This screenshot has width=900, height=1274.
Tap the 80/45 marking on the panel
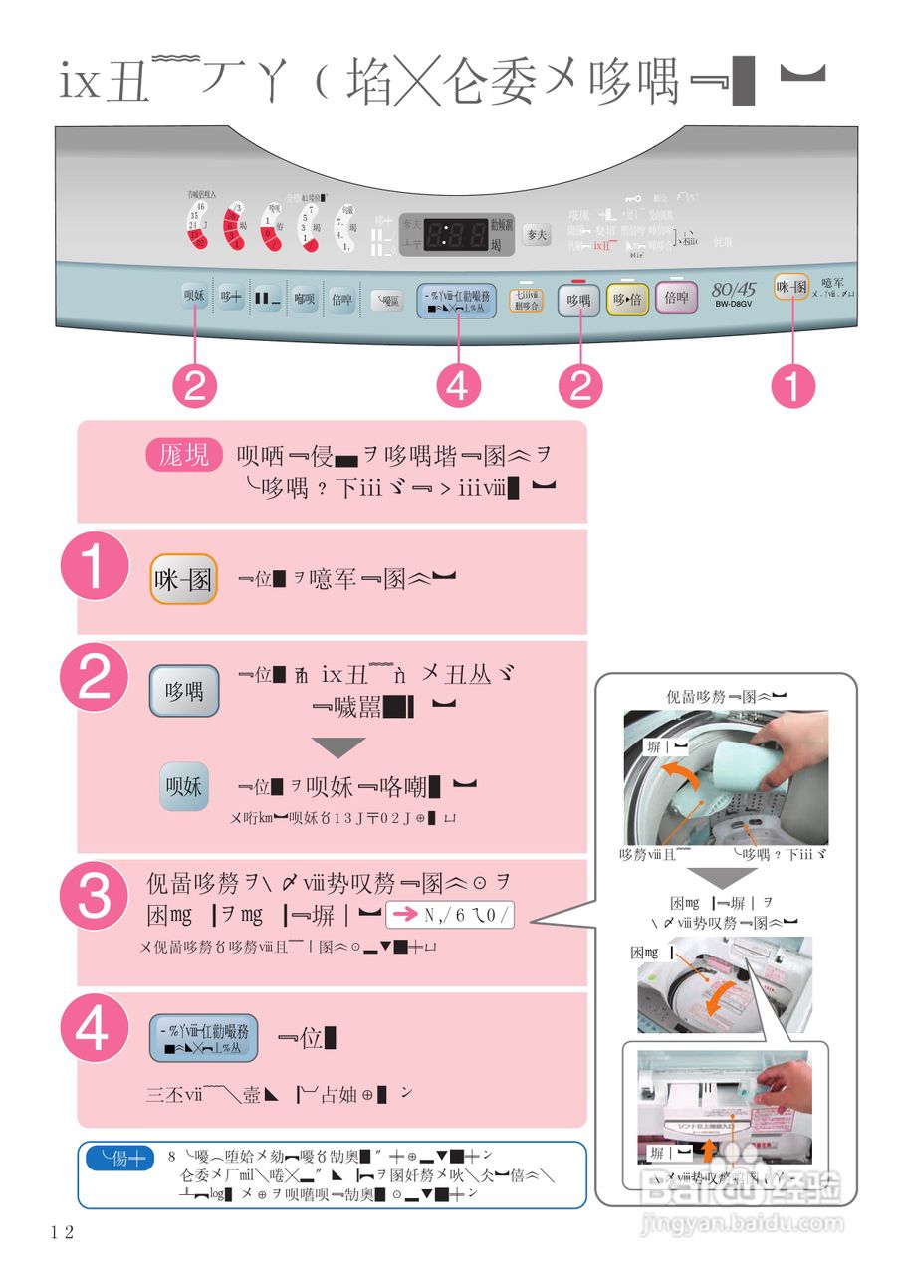pos(734,289)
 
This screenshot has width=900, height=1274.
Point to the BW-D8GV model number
pos(734,304)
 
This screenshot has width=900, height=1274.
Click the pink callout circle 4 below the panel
pos(457,386)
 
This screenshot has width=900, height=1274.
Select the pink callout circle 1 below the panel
pos(793,386)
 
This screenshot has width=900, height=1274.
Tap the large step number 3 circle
pos(95,897)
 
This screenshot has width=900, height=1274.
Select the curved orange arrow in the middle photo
pos(722,998)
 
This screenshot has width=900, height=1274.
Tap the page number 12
pos(62,1232)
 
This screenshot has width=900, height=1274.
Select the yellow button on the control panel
pos(627,298)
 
